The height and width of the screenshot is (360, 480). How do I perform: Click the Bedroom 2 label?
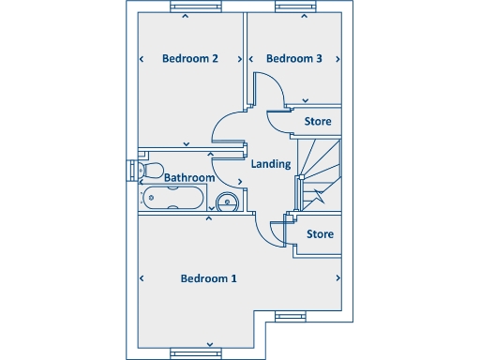[190, 58]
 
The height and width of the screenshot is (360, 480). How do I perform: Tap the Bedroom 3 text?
[294, 58]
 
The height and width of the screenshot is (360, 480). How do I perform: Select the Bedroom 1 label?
[208, 278]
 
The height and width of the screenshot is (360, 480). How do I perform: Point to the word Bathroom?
[189, 177]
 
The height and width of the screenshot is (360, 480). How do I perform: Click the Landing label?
[272, 164]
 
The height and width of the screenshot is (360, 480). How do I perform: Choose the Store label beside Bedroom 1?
[320, 234]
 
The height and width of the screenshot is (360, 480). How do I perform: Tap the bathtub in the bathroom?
[171, 198]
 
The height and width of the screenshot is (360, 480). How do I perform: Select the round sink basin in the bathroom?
[226, 200]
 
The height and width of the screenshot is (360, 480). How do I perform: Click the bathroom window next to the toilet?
[128, 170]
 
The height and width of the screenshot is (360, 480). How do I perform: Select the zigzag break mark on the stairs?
[319, 197]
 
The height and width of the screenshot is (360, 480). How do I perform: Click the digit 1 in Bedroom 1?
[233, 278]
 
